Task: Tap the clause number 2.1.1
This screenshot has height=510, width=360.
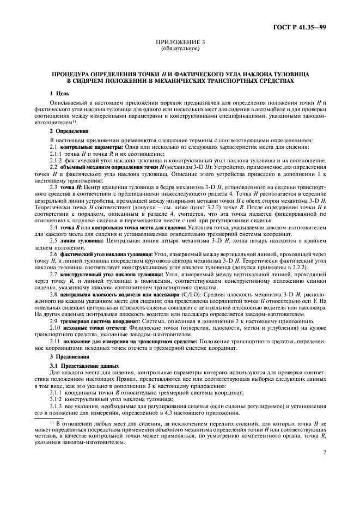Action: [57, 154]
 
